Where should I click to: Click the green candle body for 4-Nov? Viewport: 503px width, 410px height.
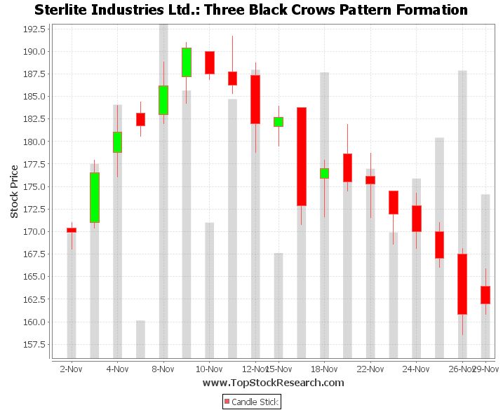(117, 142)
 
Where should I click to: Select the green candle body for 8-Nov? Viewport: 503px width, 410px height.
(163, 100)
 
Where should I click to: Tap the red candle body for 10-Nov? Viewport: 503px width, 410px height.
(209, 62)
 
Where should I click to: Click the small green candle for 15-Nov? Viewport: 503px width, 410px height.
(279, 122)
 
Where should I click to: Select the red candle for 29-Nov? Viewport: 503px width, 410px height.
(485, 295)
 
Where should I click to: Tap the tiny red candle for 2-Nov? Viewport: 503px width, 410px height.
(72, 230)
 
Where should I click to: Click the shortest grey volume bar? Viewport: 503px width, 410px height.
(140, 339)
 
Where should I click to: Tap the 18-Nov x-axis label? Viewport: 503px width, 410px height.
(324, 369)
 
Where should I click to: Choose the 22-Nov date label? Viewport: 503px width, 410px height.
(370, 369)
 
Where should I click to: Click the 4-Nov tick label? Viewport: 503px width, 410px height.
(117, 369)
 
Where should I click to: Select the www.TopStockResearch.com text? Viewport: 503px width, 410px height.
(273, 383)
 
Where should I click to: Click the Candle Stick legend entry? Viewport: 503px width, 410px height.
(251, 402)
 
